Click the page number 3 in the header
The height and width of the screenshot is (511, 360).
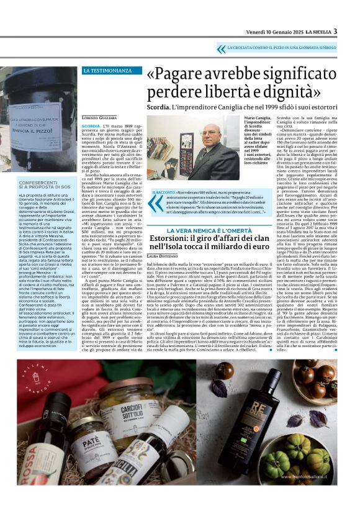335,32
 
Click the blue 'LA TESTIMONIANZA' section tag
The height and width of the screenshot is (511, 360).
107,71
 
